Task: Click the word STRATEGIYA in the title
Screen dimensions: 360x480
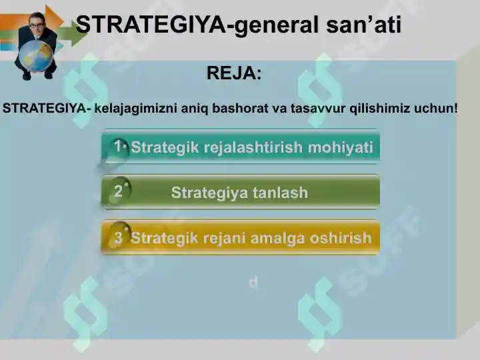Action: pyautogui.click(x=150, y=25)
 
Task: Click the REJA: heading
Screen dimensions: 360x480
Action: pyautogui.click(x=234, y=73)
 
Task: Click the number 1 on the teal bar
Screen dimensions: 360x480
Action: pyautogui.click(x=117, y=146)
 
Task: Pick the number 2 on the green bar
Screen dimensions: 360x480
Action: pyautogui.click(x=118, y=191)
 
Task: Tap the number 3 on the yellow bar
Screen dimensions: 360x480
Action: pyautogui.click(x=118, y=237)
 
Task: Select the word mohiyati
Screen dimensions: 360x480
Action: pyautogui.click(x=341, y=147)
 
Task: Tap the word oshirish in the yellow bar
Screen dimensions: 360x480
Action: pyautogui.click(x=341, y=238)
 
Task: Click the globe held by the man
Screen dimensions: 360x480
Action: pyautogui.click(x=37, y=56)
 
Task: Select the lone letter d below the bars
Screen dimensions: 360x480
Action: pyautogui.click(x=253, y=283)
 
